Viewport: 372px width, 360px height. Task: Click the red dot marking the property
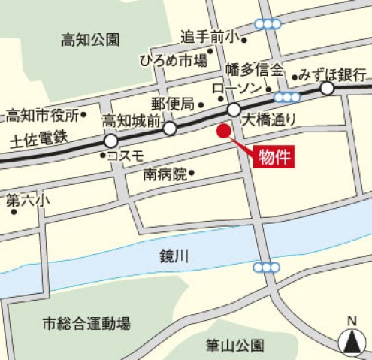222,132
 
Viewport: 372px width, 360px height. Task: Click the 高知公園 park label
90,40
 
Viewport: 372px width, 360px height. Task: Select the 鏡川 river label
174,256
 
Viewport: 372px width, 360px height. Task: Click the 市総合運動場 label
86,324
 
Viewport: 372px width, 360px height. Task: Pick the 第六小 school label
28,201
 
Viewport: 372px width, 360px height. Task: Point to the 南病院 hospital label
165,175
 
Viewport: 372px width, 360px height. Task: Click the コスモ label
126,156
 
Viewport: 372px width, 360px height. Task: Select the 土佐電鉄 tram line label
38,140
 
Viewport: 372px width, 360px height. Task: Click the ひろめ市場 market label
174,61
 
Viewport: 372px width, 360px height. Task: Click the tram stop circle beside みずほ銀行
328,89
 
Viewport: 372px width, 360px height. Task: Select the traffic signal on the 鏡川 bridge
266,268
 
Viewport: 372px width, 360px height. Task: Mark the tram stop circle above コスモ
111,141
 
